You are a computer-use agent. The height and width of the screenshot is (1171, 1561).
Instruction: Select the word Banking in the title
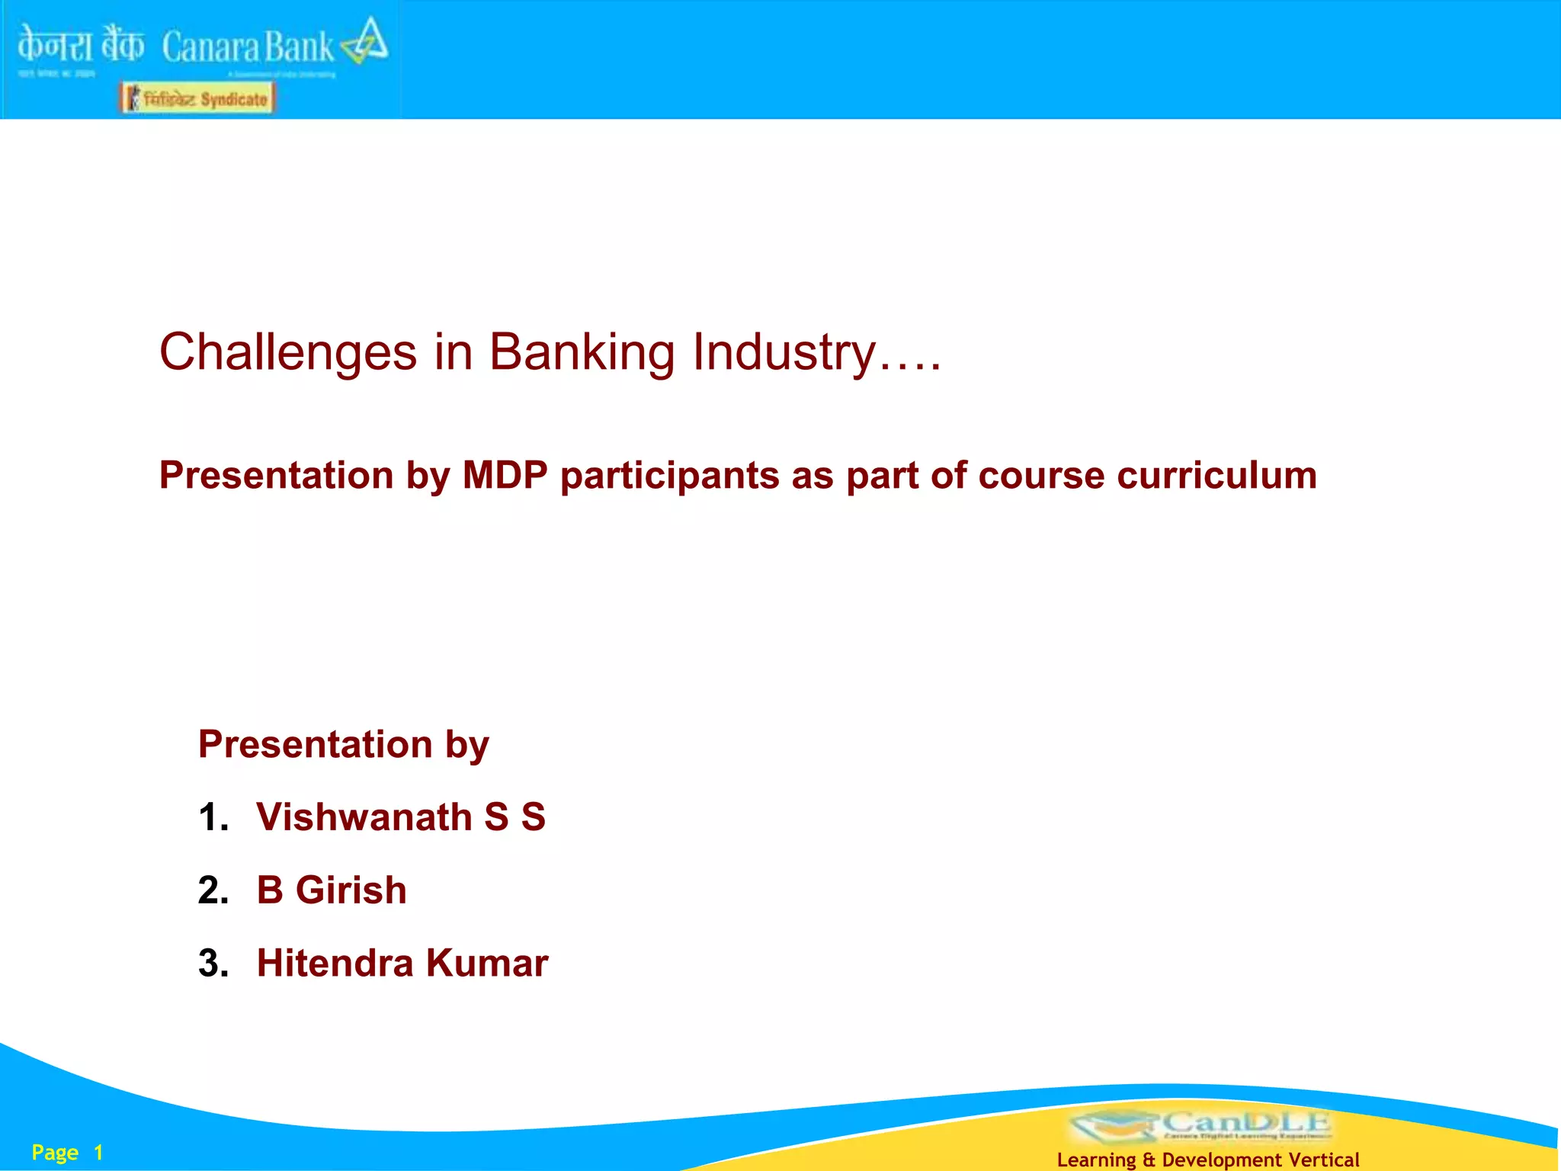582,353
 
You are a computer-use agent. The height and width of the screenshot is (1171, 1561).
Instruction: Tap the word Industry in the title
784,353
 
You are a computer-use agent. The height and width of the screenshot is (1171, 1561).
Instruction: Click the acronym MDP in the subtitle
505,476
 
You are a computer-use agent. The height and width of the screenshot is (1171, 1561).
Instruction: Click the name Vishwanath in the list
364,817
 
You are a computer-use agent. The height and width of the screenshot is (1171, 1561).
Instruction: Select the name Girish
351,890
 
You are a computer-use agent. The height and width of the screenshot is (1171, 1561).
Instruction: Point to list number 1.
213,817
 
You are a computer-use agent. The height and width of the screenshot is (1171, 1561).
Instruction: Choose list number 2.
213,890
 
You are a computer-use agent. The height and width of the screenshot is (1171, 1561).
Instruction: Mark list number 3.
213,963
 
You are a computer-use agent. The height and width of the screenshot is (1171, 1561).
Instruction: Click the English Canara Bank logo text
248,47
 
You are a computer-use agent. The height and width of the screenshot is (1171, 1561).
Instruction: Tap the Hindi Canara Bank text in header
80,44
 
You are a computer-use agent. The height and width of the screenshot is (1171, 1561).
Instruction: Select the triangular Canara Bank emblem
366,42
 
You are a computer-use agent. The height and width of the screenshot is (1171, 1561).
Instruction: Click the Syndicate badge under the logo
197,98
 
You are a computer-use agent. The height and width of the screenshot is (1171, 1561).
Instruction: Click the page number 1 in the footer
98,1153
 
